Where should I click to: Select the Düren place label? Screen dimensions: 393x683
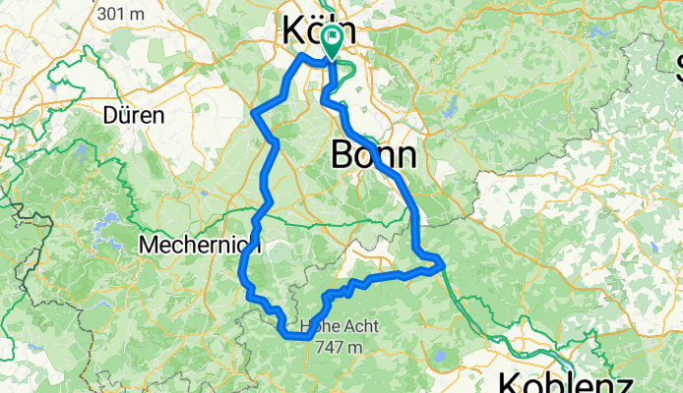tap(133, 115)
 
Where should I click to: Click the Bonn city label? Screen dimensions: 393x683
tap(374, 154)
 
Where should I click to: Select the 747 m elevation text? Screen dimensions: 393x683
tap(335, 346)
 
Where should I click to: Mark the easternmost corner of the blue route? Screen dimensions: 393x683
tap(445, 263)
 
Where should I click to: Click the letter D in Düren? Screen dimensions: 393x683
tap(110, 115)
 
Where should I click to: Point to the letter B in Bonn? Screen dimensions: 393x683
tap(344, 154)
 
